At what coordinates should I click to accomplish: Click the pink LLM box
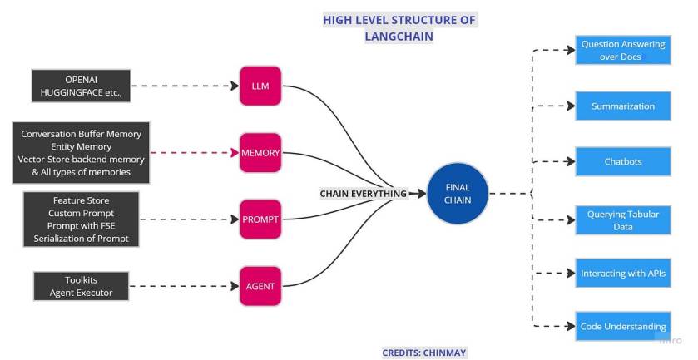click(260, 85)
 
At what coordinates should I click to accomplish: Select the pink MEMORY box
click(260, 153)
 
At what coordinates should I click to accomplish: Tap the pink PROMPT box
click(260, 219)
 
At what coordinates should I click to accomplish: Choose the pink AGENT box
click(260, 286)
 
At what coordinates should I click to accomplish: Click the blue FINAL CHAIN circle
click(457, 194)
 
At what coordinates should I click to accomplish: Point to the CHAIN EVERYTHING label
click(364, 194)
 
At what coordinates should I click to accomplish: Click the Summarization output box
click(622, 106)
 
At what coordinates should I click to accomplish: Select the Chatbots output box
click(622, 161)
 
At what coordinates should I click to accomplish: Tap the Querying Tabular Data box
click(622, 220)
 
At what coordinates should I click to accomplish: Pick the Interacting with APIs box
click(622, 273)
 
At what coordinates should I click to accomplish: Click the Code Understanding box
click(622, 326)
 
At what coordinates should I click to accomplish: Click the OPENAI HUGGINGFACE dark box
click(82, 86)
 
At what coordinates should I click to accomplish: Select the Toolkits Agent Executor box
click(82, 286)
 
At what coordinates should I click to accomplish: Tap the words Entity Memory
click(82, 146)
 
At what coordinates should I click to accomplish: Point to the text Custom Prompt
click(82, 214)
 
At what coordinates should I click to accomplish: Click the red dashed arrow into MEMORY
click(187, 153)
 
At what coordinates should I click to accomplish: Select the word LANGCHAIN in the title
click(399, 37)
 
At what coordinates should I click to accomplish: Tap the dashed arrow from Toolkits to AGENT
click(183, 286)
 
